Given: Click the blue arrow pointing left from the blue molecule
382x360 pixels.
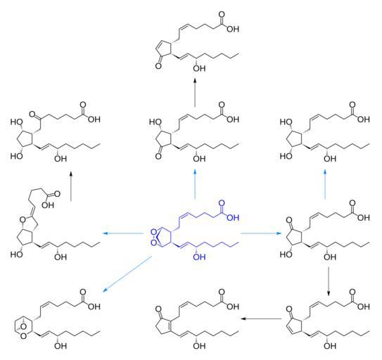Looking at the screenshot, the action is tap(123, 233).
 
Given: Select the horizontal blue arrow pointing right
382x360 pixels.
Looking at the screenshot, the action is tap(261, 233).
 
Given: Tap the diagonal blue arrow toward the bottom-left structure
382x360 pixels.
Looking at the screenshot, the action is tap(127, 274).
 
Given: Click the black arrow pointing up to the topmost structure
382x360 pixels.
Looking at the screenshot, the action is tap(195, 92).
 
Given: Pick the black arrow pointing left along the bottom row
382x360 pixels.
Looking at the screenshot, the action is tap(261, 319).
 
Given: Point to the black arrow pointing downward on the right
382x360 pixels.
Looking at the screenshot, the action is tap(329, 281).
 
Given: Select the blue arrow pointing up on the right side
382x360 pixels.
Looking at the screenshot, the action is tap(325, 185).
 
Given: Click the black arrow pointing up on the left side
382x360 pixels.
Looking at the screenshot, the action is tap(71, 186).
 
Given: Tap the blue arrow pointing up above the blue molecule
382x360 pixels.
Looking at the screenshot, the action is tap(195, 185).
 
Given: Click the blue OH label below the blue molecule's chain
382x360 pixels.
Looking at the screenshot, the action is tap(199, 257).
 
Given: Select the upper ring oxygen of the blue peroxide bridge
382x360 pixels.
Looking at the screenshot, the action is tap(153, 231).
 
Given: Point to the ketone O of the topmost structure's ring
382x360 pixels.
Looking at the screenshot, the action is tap(158, 66).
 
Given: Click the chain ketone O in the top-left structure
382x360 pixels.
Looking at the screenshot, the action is tap(32, 114).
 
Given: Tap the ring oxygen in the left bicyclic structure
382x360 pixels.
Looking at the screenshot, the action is tap(23, 220).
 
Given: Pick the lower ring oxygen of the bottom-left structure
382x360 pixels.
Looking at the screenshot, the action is tap(23, 336).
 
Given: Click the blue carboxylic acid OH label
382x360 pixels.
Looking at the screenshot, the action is tap(233, 217).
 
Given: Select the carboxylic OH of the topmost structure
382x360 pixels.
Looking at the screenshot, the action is tap(233, 30).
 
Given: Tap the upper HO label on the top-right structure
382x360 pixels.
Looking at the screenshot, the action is tap(286, 122).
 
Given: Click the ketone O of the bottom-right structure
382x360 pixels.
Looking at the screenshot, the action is tap(289, 309).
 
